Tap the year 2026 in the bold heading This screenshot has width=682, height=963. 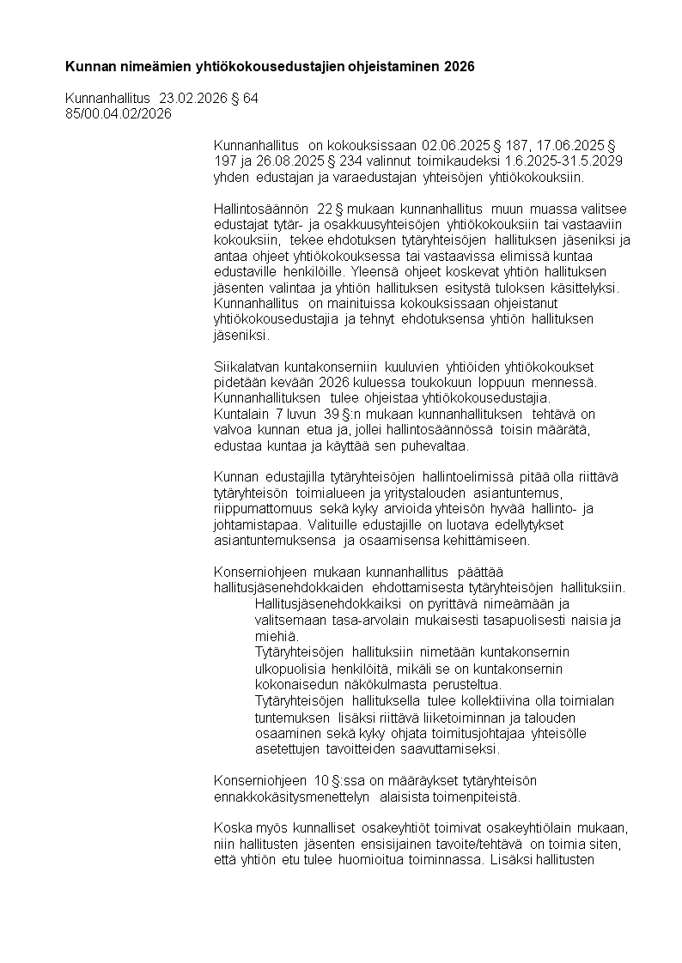click(458, 66)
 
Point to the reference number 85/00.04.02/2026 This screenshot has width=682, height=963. click(119, 113)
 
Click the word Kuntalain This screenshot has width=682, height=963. click(240, 414)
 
